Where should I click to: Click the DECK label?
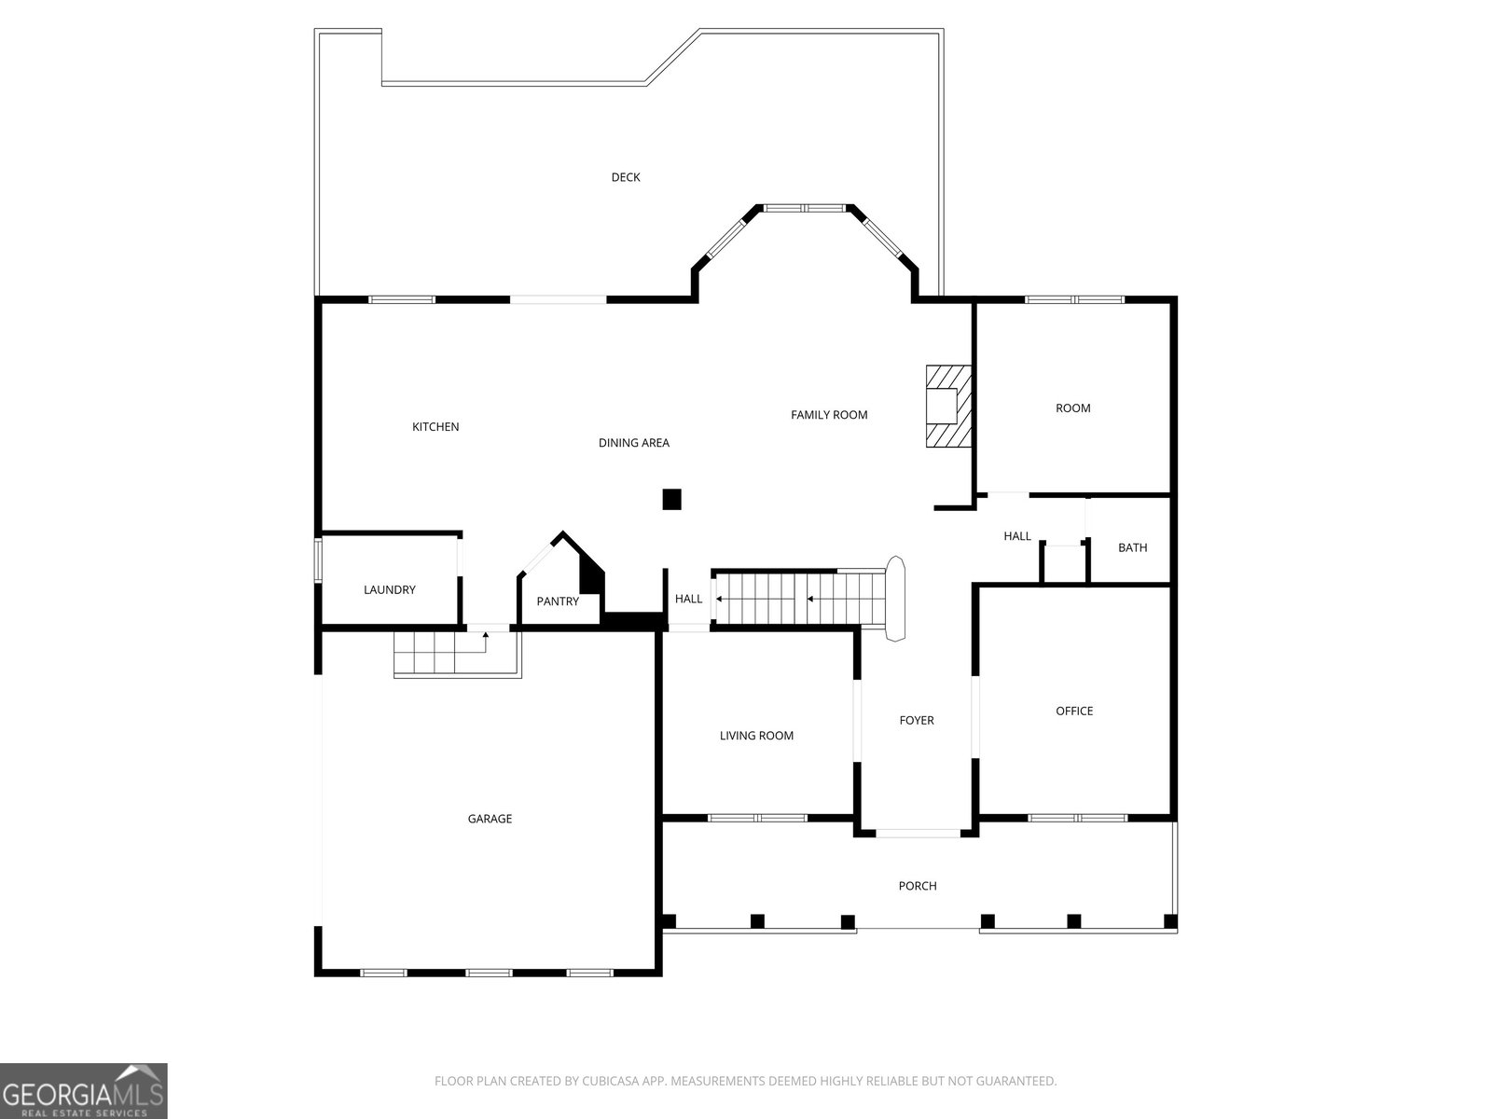coord(626,177)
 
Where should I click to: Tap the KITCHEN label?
coord(435,427)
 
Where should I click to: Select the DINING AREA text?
coord(633,443)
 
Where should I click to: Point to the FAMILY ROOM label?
coord(829,415)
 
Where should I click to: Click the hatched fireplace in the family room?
coord(948,407)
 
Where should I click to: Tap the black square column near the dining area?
coord(671,500)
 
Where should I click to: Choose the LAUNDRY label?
coord(390,589)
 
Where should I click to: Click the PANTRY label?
coord(558,601)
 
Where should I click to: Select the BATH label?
coord(1132,547)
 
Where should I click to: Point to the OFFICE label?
coord(1074,711)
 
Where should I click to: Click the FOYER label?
coord(917,720)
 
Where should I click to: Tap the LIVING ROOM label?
coord(756,736)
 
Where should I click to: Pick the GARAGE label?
coord(490,820)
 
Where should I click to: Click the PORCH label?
coord(918,886)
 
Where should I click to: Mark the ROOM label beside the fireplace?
coord(1072,408)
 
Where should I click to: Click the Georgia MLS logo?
coord(84,1090)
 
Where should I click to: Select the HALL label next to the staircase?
coord(688,600)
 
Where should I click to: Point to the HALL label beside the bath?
coord(1017,537)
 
